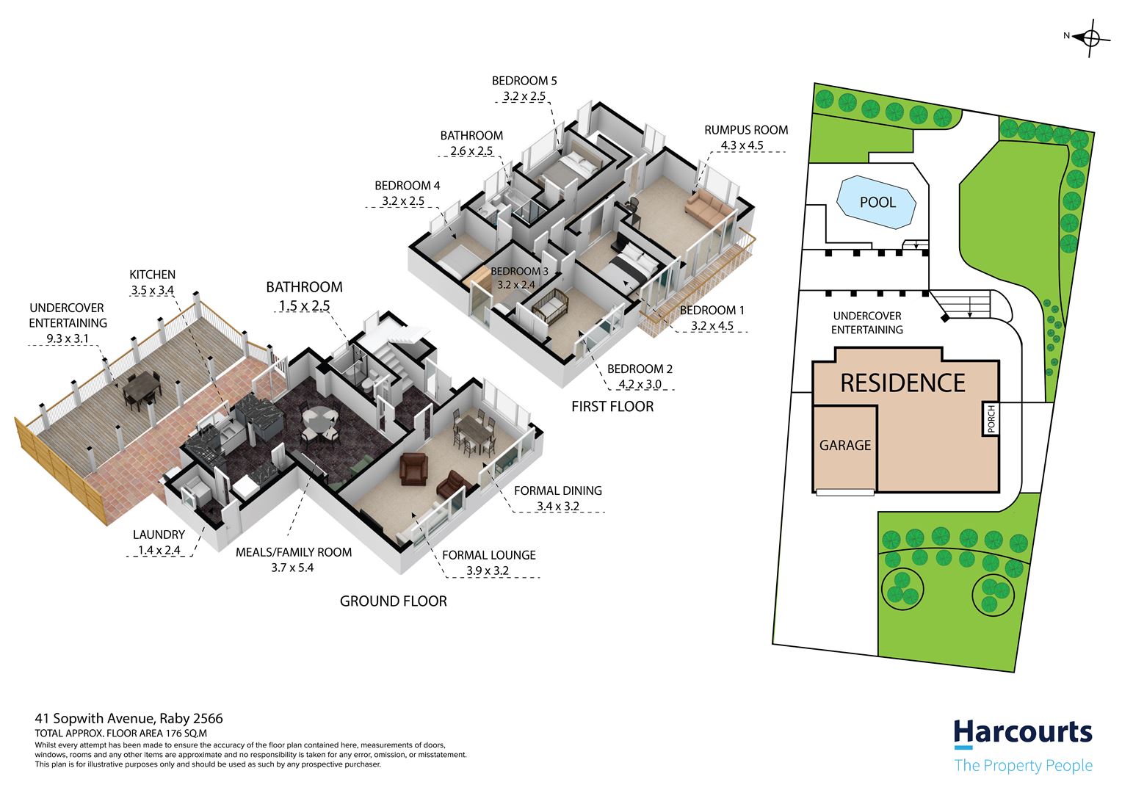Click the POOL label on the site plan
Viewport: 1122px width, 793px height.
[877, 202]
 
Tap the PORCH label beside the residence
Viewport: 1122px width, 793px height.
[991, 419]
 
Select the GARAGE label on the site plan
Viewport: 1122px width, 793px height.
[845, 445]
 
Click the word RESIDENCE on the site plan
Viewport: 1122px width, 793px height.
[902, 383]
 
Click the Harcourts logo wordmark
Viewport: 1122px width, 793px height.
[1023, 733]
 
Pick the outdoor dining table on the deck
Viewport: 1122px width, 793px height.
[142, 383]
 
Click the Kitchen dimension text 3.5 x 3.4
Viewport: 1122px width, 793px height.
[152, 290]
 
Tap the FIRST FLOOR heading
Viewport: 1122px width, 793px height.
[612, 406]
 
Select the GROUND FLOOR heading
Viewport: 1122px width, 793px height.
[393, 601]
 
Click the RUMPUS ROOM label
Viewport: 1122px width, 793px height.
[746, 130]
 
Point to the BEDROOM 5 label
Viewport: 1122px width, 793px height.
[524, 81]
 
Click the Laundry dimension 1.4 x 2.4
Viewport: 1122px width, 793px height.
[159, 550]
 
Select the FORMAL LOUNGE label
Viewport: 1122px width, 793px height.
[489, 555]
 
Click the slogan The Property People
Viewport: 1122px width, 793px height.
[1024, 765]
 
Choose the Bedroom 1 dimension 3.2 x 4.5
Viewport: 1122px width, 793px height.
[712, 325]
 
